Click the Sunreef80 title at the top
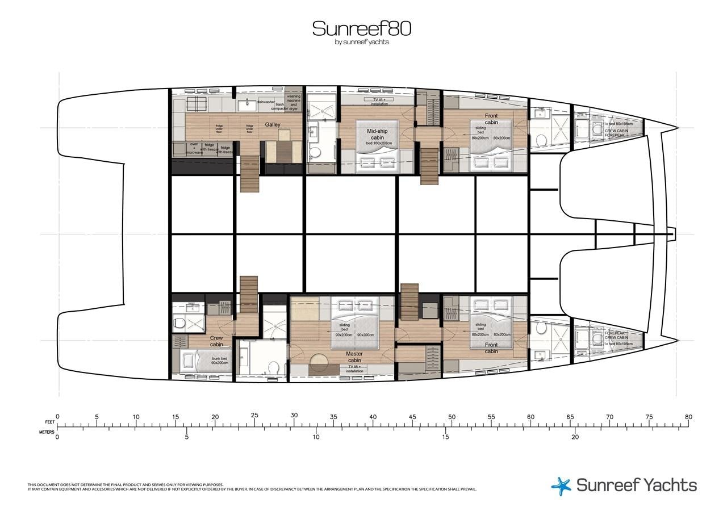(x=361, y=28)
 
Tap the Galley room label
(x=272, y=125)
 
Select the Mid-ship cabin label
(x=377, y=134)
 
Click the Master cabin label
(x=354, y=357)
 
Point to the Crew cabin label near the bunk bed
(x=216, y=341)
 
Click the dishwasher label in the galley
(x=265, y=102)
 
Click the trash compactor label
(x=280, y=106)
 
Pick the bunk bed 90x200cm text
(x=219, y=361)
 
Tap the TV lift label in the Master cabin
(x=354, y=369)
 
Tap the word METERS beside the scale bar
(x=47, y=432)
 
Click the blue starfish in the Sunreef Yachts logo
(x=561, y=486)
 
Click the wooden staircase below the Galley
(x=249, y=174)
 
